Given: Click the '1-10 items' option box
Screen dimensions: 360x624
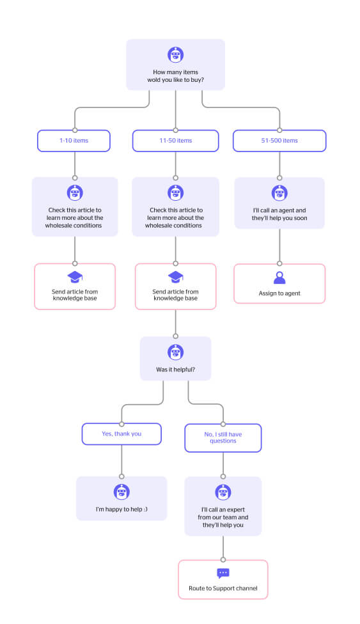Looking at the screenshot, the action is (74, 141).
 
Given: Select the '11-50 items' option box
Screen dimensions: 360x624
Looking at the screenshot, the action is (176, 141).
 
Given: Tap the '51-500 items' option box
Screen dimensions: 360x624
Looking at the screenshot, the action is (279, 141).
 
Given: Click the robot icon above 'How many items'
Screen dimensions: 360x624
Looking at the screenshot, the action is (176, 55).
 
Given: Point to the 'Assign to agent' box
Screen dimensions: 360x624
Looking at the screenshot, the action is (279, 284).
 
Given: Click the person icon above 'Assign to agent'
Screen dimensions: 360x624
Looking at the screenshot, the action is (279, 277).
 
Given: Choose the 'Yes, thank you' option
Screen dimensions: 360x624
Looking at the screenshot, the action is (121, 433).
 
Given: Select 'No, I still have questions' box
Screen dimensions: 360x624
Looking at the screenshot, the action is (223, 438).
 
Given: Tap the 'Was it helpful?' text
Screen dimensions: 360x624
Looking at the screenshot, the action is (176, 370).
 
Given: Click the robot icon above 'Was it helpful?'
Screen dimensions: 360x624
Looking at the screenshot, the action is (176, 352).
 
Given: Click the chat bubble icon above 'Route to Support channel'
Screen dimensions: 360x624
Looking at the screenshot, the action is (223, 573).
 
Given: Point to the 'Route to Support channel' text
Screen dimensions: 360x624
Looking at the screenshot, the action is (223, 588).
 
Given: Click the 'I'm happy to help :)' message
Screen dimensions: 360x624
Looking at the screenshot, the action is (121, 509).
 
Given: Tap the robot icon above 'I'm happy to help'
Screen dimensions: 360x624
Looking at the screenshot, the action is (121, 492).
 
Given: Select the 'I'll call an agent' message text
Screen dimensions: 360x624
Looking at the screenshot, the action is (279, 214).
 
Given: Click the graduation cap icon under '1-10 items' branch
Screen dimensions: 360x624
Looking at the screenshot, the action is (75, 277).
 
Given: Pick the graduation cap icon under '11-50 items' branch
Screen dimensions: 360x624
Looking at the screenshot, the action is (176, 277).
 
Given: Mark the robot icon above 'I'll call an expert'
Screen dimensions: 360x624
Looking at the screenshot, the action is (223, 492).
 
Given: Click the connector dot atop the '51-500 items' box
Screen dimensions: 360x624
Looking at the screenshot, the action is (279, 130).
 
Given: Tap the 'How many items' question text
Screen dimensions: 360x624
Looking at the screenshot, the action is (176, 75).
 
